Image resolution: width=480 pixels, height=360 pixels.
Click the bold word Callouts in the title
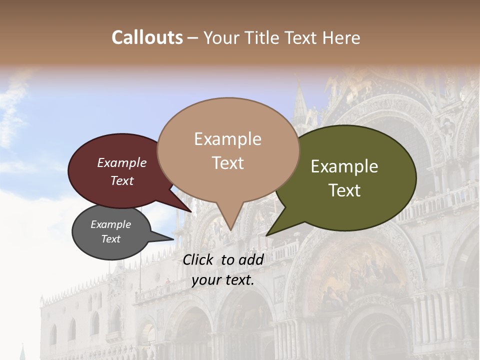point(147,37)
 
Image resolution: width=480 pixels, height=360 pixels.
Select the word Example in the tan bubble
point(227,139)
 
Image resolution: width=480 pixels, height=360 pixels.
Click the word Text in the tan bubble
point(227,162)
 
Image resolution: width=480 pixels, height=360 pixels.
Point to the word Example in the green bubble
point(344,166)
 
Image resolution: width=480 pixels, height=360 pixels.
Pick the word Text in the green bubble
point(344,190)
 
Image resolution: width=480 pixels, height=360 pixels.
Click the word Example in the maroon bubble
point(121,162)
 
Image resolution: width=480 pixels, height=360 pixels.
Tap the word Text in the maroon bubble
point(121,180)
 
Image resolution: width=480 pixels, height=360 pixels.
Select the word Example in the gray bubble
point(110,224)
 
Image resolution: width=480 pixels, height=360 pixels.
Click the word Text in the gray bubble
point(110,239)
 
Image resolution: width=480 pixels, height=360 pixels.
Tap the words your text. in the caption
point(223,280)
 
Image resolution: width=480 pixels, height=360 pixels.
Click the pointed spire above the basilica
point(300,97)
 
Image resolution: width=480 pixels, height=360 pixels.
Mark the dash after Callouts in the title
point(193,37)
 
